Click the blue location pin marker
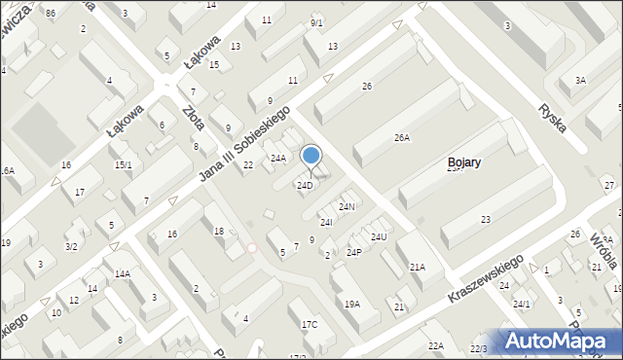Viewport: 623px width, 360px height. pyautogui.click(x=311, y=157)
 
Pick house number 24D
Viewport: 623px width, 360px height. pyautogui.click(x=305, y=185)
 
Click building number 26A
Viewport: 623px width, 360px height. pyautogui.click(x=401, y=138)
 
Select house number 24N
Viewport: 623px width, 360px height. pyautogui.click(x=346, y=207)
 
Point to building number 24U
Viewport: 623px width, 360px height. pyautogui.click(x=379, y=236)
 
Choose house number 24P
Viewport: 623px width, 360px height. pyautogui.click(x=354, y=253)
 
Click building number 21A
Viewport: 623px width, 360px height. pyautogui.click(x=417, y=267)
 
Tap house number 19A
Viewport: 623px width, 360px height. pyautogui.click(x=351, y=304)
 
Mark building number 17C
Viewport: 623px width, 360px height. pyautogui.click(x=309, y=324)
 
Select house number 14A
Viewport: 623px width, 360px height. pyautogui.click(x=122, y=274)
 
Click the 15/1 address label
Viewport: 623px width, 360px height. pyautogui.click(x=123, y=165)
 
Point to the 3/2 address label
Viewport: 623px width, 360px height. pyautogui.click(x=71, y=247)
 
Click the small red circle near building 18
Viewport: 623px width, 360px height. pyautogui.click(x=251, y=248)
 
